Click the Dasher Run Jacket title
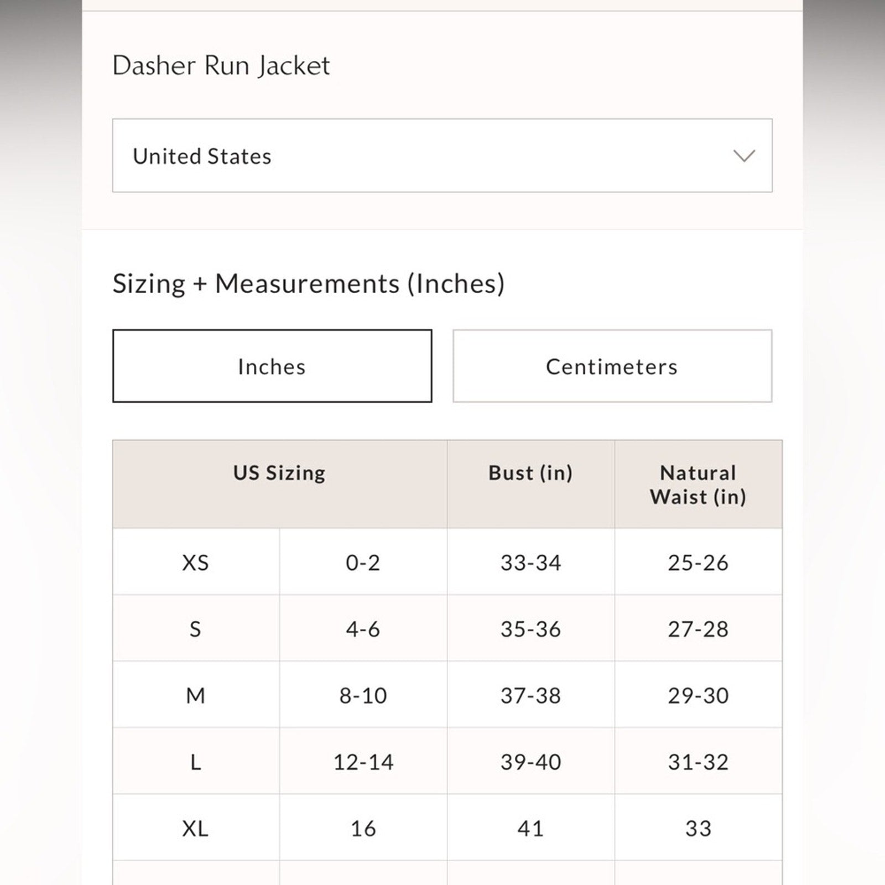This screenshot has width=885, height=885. [x=221, y=66]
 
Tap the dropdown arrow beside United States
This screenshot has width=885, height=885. [x=743, y=156]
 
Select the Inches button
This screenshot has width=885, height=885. [x=272, y=366]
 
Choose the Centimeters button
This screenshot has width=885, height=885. [x=612, y=366]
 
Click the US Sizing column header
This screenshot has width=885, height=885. [x=279, y=473]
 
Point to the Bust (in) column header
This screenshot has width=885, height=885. [x=530, y=473]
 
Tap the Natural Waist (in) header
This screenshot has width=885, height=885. [x=698, y=485]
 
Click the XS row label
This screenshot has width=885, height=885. [x=195, y=563]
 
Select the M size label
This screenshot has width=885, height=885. [x=195, y=695]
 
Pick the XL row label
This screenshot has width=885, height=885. [x=195, y=829]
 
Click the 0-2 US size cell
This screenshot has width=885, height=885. [x=363, y=563]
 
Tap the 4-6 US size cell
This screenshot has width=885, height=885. [x=363, y=629]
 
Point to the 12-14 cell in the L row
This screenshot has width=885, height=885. [x=363, y=762]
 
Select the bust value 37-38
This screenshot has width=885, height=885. [x=530, y=695]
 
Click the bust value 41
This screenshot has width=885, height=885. [x=530, y=829]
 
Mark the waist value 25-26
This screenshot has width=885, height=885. [x=698, y=563]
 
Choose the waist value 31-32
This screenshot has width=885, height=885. [x=698, y=762]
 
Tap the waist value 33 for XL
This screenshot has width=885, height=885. [x=698, y=829]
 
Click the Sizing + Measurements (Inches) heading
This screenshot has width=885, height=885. [x=309, y=284]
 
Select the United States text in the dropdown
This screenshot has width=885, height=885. [x=202, y=157]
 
